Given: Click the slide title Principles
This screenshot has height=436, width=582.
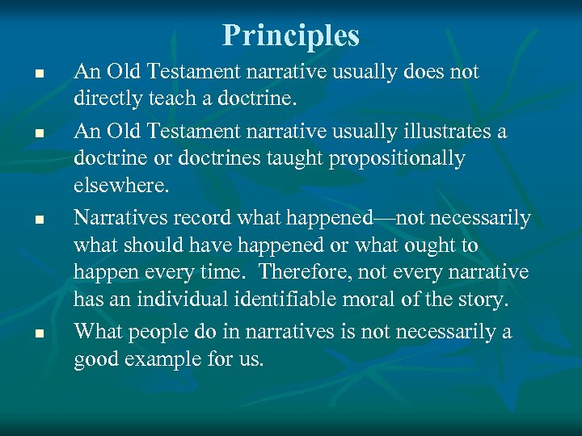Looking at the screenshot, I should tap(291, 35).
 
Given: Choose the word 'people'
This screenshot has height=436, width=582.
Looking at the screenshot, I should tap(160, 333).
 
